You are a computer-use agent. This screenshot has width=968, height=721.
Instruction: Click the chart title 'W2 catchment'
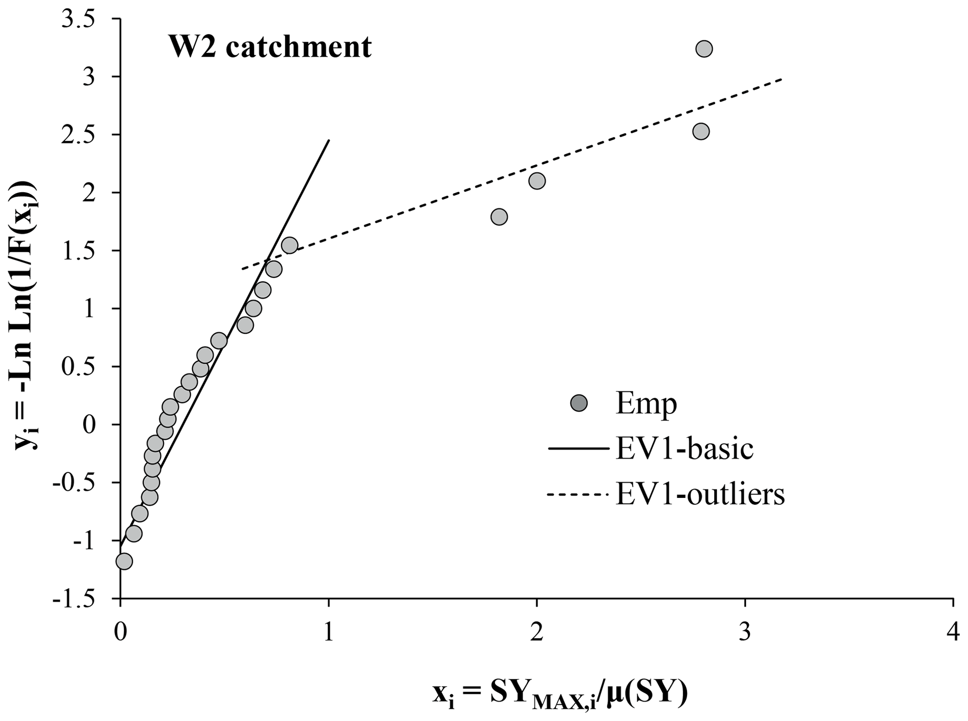click(270, 47)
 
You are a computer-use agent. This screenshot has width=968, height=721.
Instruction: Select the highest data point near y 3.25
click(704, 49)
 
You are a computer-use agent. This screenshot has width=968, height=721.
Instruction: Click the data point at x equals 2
click(537, 180)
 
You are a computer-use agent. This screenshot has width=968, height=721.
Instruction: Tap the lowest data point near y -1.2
click(124, 561)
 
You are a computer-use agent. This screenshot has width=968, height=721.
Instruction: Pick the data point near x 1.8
click(499, 217)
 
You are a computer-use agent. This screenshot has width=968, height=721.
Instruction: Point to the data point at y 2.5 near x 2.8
click(701, 132)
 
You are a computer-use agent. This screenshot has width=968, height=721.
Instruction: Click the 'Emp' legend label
click(646, 404)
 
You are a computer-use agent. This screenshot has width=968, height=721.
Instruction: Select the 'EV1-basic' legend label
click(684, 449)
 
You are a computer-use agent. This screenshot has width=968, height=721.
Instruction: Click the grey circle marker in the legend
click(579, 403)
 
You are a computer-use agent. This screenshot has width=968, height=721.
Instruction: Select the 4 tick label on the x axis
click(953, 633)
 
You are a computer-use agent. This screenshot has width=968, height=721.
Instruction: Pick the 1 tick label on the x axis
click(328, 633)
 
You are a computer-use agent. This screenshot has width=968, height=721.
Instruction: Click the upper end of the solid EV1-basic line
click(329, 140)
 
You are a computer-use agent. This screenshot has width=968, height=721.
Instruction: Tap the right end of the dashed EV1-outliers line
click(782, 80)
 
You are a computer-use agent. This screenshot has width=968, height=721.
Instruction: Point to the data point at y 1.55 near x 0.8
click(290, 245)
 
